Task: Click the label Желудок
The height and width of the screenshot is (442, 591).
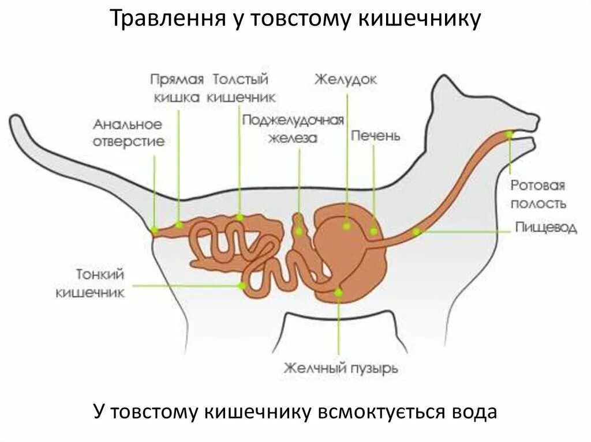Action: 345,79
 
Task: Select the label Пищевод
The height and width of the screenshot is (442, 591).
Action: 545,228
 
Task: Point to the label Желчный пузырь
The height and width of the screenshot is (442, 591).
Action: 341,368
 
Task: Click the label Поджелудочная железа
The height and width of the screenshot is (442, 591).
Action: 293,129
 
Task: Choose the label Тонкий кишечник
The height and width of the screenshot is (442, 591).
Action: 91,283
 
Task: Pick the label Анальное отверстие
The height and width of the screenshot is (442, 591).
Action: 129,133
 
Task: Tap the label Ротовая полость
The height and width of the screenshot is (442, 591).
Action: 537,195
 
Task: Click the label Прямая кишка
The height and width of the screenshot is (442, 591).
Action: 178,88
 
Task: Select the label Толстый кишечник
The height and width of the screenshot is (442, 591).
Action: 241,88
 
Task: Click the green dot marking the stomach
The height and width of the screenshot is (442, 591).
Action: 346,226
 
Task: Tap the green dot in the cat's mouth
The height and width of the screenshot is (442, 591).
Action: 509,134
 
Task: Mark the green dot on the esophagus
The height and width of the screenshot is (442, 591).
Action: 417,232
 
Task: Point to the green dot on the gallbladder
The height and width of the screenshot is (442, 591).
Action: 339,293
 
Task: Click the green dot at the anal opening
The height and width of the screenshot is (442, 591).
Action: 154,229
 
